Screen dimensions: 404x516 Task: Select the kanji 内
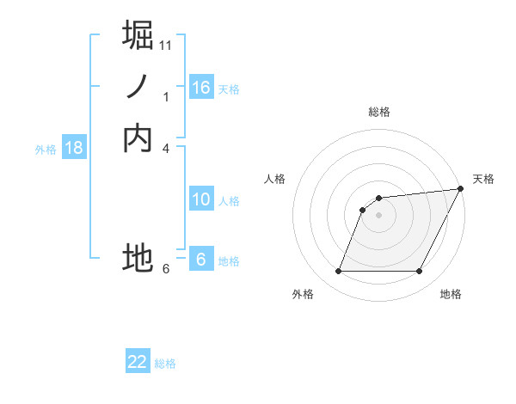[138, 138]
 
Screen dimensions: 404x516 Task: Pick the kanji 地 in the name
[138, 257]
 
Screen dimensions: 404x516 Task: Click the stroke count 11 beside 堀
[166, 46]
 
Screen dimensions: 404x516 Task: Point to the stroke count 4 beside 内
[166, 149]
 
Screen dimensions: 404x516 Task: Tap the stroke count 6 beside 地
[166, 269]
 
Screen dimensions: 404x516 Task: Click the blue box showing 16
[201, 88]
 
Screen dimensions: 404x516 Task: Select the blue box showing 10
[201, 199]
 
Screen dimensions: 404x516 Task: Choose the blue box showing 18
[74, 148]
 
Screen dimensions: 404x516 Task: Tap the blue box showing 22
[138, 362]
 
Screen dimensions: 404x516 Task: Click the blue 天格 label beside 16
[229, 89]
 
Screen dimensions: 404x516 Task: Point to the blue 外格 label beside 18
[46, 150]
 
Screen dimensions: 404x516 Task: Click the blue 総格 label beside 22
[165, 364]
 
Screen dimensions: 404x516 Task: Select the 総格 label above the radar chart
[378, 112]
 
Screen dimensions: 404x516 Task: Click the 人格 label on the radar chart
[275, 179]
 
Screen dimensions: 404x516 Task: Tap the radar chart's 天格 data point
[461, 189]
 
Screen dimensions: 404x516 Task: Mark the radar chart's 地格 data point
[420, 272]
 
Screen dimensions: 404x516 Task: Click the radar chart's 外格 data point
[338, 272]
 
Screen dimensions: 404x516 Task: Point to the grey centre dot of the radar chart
[378, 215]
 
